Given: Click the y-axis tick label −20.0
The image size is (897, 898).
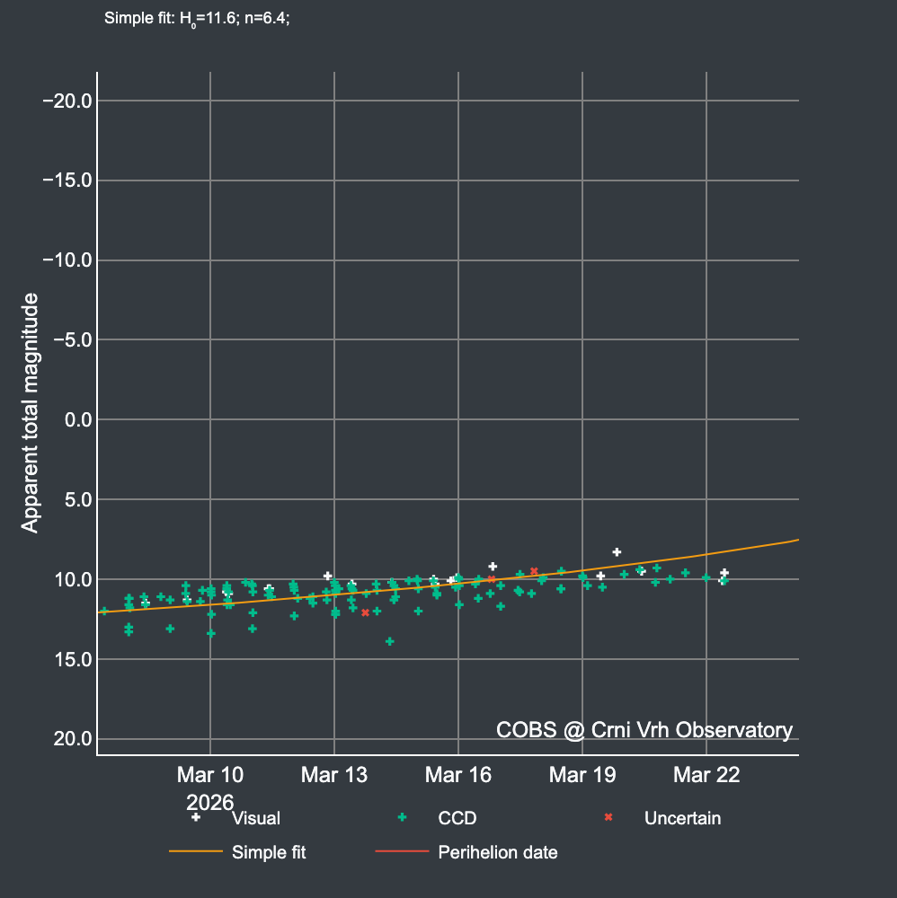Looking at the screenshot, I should (x=67, y=101).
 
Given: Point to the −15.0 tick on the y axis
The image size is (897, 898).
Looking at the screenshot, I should (x=67, y=180).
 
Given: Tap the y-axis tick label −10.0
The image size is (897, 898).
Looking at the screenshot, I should (x=67, y=260).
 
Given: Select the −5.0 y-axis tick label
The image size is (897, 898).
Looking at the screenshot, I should (x=72, y=340).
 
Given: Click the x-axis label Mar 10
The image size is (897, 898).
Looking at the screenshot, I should (x=210, y=775).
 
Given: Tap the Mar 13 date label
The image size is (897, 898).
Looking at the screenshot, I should (x=334, y=775).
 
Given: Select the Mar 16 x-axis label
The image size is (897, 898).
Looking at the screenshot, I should (x=458, y=775).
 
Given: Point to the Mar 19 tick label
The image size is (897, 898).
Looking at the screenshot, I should (x=582, y=775).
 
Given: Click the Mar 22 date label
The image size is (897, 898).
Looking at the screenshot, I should (x=706, y=775).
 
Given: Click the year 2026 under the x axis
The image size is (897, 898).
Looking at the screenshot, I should (x=210, y=800).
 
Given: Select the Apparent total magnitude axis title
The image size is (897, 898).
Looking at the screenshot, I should (x=31, y=412).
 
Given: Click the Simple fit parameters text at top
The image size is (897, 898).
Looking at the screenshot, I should (x=197, y=18).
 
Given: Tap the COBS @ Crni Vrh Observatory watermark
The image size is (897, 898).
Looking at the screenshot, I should (x=644, y=730).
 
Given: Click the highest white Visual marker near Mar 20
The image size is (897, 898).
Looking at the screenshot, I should (x=617, y=551).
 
